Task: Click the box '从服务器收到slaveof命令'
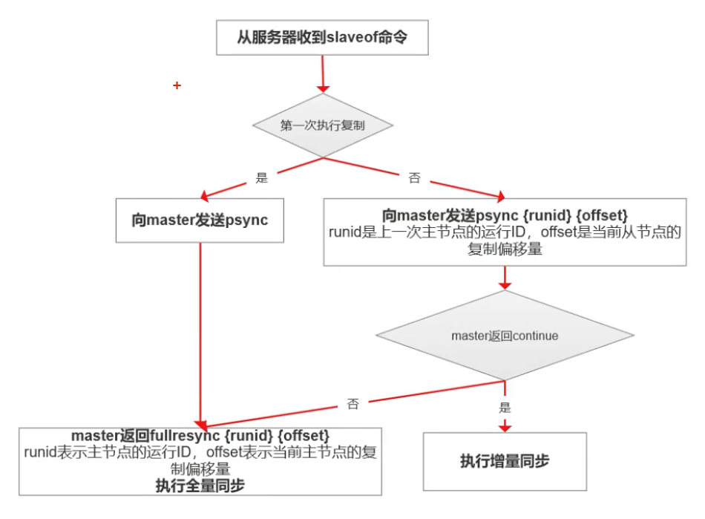click(x=322, y=37)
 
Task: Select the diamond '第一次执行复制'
click(x=322, y=125)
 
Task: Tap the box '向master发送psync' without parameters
click(x=200, y=220)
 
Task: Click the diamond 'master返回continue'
click(x=505, y=336)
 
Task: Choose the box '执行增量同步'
click(x=505, y=461)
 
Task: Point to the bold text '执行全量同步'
click(x=200, y=486)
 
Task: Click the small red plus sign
click(x=177, y=86)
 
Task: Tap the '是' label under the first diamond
click(x=261, y=177)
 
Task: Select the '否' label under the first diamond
click(x=414, y=178)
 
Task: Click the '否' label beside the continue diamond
click(x=352, y=404)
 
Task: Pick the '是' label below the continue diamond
click(x=505, y=407)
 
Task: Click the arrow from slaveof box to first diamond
click(x=323, y=74)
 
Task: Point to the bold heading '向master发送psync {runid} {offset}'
click(x=505, y=216)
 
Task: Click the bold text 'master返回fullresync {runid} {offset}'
click(x=200, y=434)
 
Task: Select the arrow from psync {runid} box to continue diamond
click(x=505, y=278)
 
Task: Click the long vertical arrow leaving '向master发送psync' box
click(x=201, y=334)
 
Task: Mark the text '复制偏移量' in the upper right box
click(x=505, y=250)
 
